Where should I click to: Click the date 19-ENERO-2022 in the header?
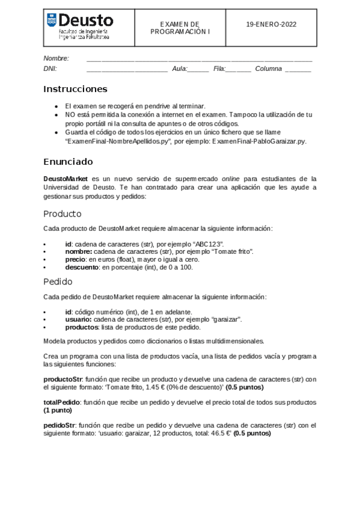(x=271, y=25)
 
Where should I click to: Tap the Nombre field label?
(x=56, y=58)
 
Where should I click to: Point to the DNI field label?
(x=50, y=69)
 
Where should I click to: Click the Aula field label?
(x=180, y=69)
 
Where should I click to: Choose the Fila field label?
(x=219, y=69)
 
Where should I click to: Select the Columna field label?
(x=268, y=69)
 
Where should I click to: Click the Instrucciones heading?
(x=75, y=89)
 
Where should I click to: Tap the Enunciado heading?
(x=68, y=161)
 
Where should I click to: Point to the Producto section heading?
(x=63, y=214)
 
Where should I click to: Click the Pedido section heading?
(x=58, y=281)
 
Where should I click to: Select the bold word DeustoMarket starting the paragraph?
(x=66, y=179)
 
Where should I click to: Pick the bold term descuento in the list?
(x=82, y=267)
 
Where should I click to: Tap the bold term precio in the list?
(x=76, y=259)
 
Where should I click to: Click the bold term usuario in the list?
(x=78, y=319)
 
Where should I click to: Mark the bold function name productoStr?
(x=63, y=379)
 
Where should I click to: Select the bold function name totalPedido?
(x=63, y=401)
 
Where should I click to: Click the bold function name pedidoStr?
(x=59, y=424)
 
